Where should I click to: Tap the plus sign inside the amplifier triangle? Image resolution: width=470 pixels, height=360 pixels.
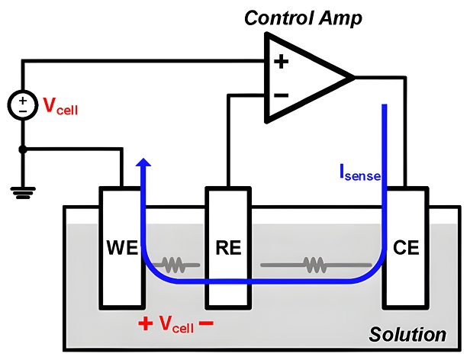pos(281,62)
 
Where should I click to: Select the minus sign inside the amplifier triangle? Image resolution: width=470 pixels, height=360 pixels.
pos(281,95)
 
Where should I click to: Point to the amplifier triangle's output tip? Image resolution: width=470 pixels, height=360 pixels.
pos(353,77)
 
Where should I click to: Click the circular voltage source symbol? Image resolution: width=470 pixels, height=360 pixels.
pos(23,105)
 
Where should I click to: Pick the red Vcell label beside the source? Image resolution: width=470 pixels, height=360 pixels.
pos(60,108)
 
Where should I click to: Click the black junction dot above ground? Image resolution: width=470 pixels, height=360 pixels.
pos(23,149)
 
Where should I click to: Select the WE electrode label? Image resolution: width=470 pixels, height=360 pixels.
pos(122,248)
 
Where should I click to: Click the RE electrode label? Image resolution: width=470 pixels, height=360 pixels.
pos(227,248)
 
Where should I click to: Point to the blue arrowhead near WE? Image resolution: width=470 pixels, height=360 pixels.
pos(143,163)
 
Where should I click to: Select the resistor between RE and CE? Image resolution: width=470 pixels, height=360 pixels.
pos(313,265)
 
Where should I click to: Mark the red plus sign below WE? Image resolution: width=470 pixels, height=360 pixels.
pos(145,323)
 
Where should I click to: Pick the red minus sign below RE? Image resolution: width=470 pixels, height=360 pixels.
pos(205,323)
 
